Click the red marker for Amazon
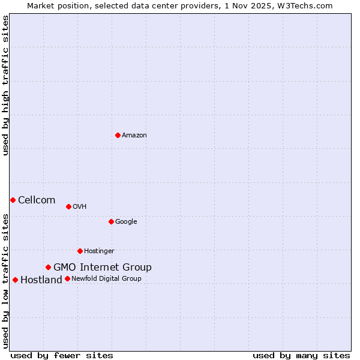[118, 135]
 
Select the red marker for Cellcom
[13, 200]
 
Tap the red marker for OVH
[68, 206]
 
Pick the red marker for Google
[111, 221]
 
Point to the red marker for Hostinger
[80, 251]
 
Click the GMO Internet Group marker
[48, 267]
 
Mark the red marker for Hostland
[15, 280]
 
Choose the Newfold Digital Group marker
[67, 278]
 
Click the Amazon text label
[134, 136]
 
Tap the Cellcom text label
[37, 200]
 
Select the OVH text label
[80, 207]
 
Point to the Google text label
[126, 222]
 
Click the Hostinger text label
[99, 251]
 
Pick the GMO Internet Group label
[103, 268]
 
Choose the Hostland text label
[41, 280]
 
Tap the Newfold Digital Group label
[106, 279]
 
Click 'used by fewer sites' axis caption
[62, 356]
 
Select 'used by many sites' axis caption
[301, 356]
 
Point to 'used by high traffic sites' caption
[5, 85]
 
